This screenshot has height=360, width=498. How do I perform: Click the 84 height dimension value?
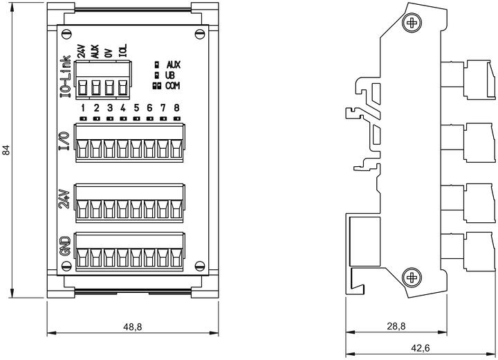click(x=6, y=150)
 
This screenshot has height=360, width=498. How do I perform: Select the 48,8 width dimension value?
click(x=133, y=326)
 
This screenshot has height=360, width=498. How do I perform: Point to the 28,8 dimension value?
click(x=396, y=326)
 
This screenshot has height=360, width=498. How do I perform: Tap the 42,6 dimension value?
click(x=421, y=348)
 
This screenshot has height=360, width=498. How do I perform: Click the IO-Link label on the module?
click(x=66, y=76)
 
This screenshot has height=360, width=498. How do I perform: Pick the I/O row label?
click(x=64, y=141)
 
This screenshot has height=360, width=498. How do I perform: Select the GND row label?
click(x=65, y=246)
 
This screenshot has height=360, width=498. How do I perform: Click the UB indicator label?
click(x=170, y=75)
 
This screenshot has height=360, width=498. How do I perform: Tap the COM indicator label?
click(x=172, y=86)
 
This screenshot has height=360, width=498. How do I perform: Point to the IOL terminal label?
click(x=123, y=51)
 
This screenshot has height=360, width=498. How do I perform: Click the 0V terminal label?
click(x=109, y=53)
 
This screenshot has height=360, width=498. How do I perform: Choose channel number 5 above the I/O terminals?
click(x=136, y=108)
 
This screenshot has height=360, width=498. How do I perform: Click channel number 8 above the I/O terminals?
click(x=176, y=108)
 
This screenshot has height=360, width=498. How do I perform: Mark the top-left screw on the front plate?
click(x=66, y=34)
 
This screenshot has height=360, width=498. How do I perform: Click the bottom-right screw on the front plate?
click(x=200, y=266)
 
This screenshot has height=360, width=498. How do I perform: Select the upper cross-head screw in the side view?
click(x=412, y=23)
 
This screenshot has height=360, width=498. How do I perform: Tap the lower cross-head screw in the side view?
click(x=412, y=278)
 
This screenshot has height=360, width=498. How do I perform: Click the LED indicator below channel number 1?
click(x=83, y=118)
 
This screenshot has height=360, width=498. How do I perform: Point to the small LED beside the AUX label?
click(x=156, y=65)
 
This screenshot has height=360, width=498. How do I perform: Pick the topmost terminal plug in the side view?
click(x=468, y=80)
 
